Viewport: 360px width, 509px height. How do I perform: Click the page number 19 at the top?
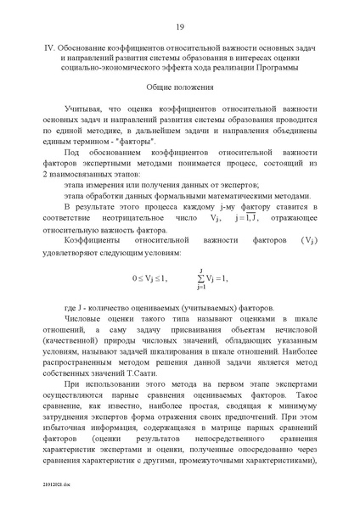pos(180,27)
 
